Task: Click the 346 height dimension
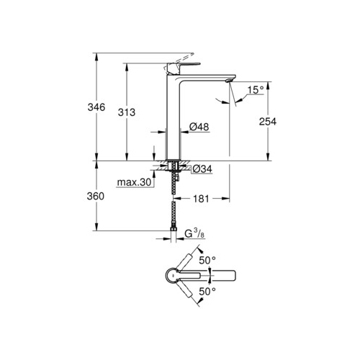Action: pos(96,107)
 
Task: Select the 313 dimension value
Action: pos(127,112)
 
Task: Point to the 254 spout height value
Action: pos(268,122)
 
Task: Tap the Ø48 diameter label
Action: pos(199,127)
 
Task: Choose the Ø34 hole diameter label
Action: pos(202,169)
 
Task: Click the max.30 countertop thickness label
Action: pos(134,182)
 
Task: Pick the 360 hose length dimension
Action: pos(96,197)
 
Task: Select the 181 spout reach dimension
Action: pos(201,199)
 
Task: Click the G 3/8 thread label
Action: pos(194,233)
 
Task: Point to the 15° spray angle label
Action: pos(256,90)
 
